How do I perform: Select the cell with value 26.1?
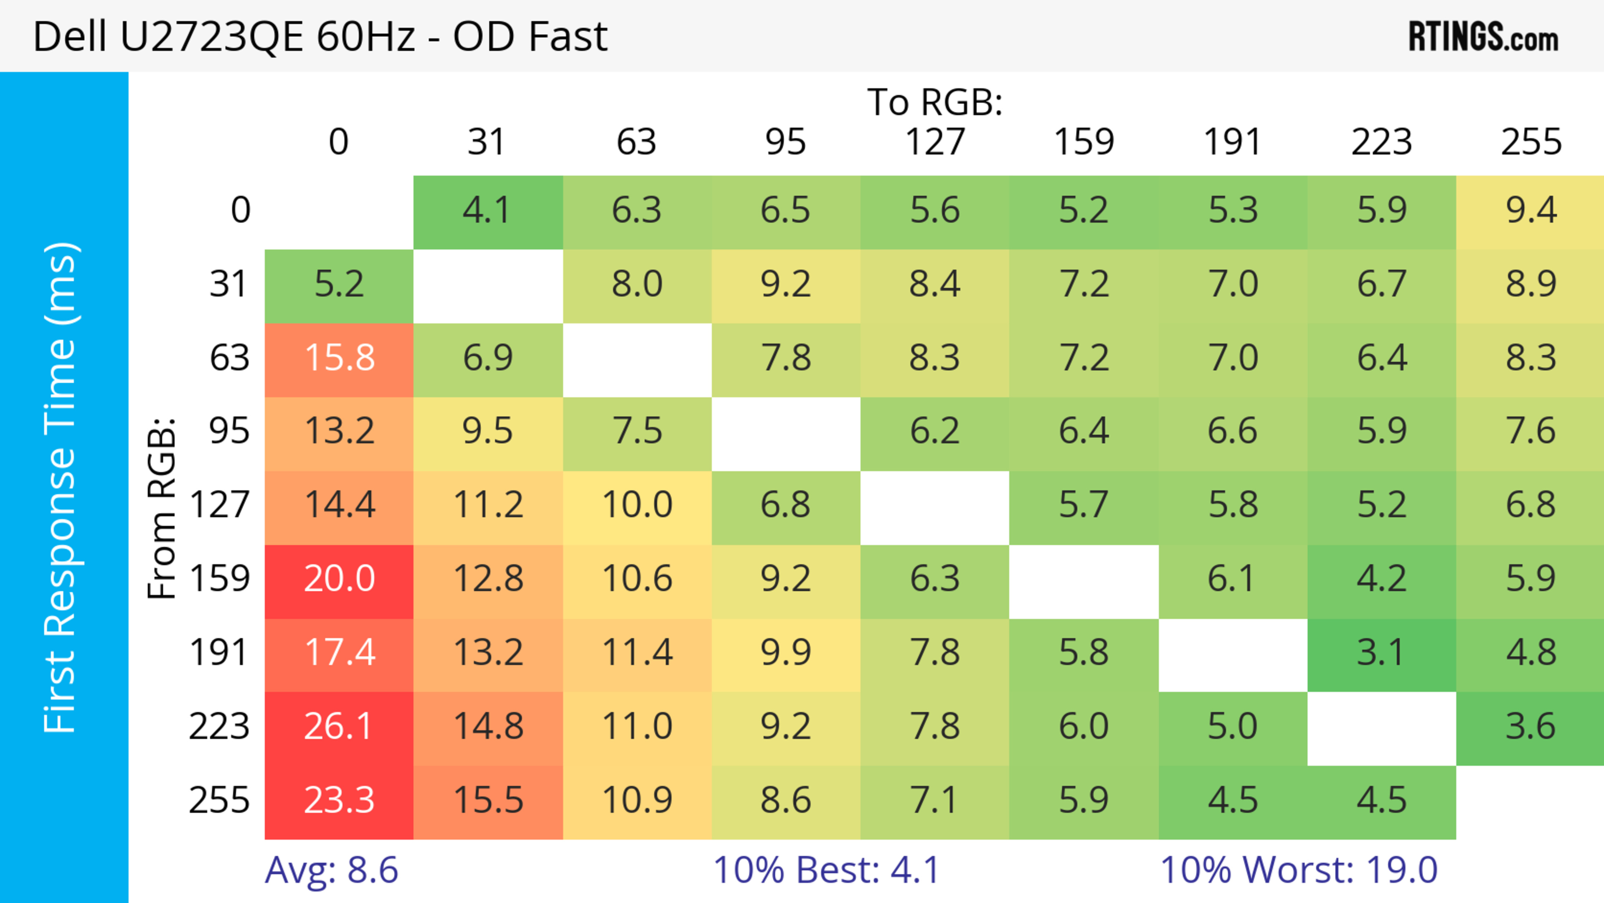coord(339,727)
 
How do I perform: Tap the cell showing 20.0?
coord(339,579)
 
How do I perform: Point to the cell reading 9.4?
coord(1530,211)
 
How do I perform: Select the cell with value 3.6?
coord(1530,727)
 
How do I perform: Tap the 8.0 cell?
coord(637,285)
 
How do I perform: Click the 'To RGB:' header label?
coord(935,102)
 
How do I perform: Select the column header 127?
coord(935,142)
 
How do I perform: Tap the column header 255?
coord(1530,142)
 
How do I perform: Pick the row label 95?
coord(229,431)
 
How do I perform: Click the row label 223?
coord(219,727)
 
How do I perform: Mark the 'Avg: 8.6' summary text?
coord(331,870)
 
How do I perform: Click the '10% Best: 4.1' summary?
coord(826,870)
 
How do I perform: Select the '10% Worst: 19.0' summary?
coord(1299,870)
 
